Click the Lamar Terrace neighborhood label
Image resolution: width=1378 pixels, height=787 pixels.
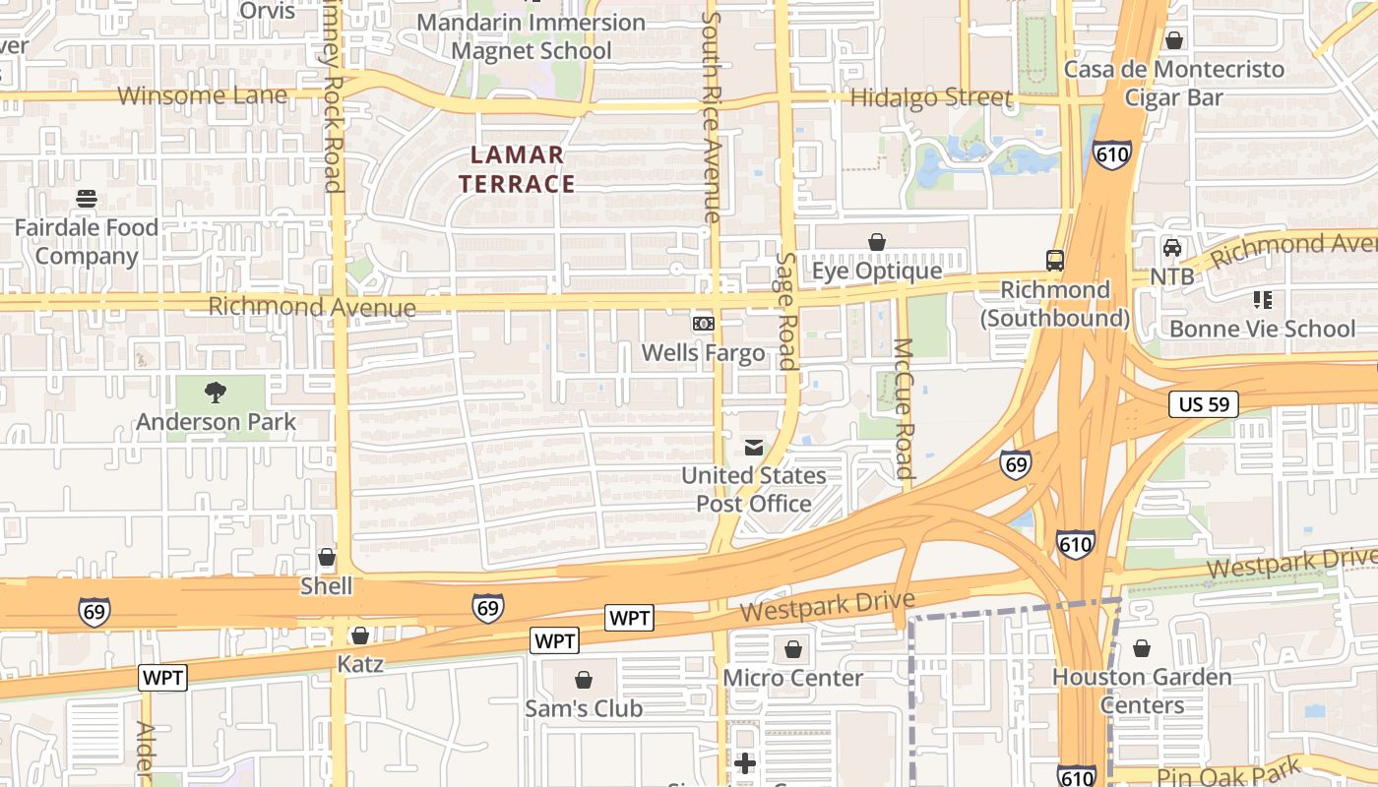pos(517,169)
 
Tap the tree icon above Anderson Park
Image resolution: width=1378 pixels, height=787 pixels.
pos(216,393)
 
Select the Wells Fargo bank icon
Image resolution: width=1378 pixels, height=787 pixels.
pos(703,323)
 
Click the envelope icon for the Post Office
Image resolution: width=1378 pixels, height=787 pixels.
pos(754,448)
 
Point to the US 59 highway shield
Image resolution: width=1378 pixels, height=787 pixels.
pos(1203,403)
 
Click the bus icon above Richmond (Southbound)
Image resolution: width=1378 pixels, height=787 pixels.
pos(1055,261)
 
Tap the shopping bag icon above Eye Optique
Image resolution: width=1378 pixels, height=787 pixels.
pos(876,242)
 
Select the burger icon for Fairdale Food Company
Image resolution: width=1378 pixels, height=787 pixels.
pos(86,199)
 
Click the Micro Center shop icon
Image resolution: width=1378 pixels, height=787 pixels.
pos(792,649)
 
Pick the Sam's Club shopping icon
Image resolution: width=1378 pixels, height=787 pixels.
pos(584,680)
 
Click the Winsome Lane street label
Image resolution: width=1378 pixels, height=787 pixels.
pos(203,95)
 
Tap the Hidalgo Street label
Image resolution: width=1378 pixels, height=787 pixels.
pos(930,97)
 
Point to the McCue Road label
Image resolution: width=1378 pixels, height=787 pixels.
pos(904,408)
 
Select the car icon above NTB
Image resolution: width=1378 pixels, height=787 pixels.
pos(1172,248)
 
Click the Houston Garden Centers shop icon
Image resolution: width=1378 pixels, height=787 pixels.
pos(1141,648)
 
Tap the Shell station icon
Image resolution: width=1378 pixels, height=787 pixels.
pos(327,558)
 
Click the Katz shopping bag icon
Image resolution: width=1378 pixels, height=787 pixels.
pos(360,636)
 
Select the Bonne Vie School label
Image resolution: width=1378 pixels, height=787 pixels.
pos(1262,329)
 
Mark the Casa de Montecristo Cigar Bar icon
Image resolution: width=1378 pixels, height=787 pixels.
pos(1173,40)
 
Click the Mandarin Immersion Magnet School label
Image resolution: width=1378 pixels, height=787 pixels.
pos(532,36)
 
